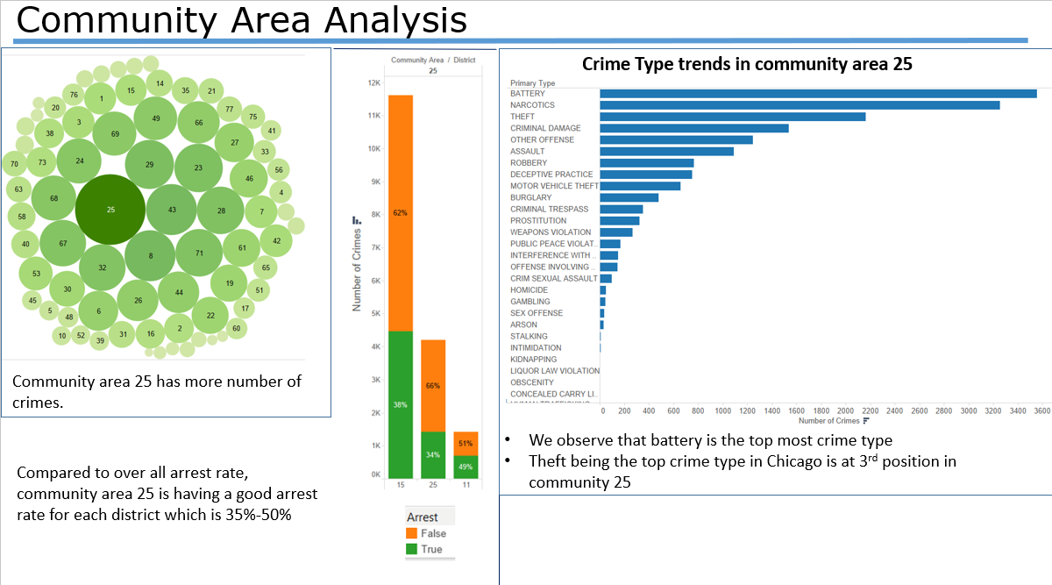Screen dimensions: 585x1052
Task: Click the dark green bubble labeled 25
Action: coord(110,210)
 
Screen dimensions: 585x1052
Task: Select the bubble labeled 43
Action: coord(172,210)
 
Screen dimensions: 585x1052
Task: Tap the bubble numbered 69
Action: coord(115,134)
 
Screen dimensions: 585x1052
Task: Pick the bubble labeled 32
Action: coord(103,268)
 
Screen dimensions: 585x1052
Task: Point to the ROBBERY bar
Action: coord(647,163)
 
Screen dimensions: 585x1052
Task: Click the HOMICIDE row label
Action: coord(530,290)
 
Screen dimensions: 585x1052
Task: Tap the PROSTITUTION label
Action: coord(538,221)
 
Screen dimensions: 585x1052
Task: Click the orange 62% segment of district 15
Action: coord(401,213)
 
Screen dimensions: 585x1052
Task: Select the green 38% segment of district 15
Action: coord(401,404)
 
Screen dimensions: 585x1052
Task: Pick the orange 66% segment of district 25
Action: coord(432,386)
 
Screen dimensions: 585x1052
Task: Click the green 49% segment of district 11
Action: coord(466,467)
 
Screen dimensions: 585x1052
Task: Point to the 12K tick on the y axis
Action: coord(373,82)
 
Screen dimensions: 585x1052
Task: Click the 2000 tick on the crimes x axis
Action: coord(846,410)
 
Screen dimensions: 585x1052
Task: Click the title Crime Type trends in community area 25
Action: coord(747,64)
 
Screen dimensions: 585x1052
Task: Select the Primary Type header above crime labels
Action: coord(532,83)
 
